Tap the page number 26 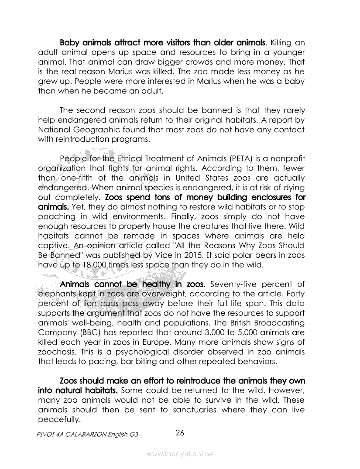coord(180,433)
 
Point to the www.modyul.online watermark coord(180,454)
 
